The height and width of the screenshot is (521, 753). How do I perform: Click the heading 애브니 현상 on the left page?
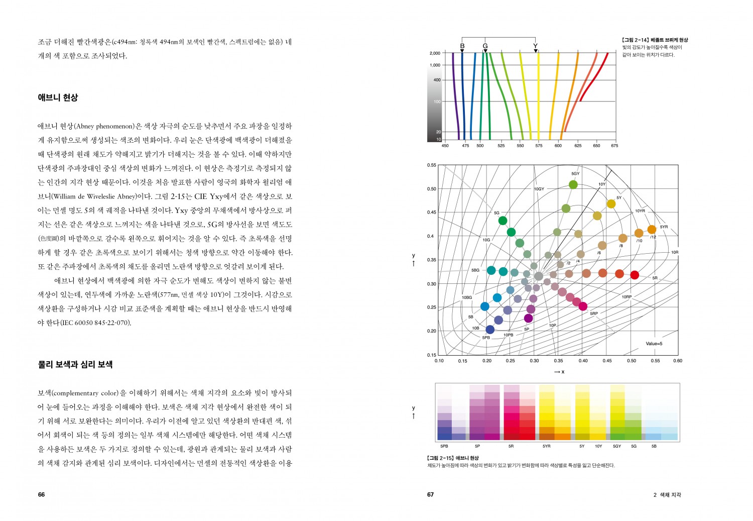(x=58, y=97)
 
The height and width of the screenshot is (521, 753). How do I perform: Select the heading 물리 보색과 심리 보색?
(x=75, y=364)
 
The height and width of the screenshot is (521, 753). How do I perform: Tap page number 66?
(x=41, y=494)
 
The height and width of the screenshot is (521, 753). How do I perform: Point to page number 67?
(x=430, y=494)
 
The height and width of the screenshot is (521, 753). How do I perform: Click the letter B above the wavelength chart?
(x=462, y=46)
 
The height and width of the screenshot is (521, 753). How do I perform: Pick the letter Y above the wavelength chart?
(x=536, y=46)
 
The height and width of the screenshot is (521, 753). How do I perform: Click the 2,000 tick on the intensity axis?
(x=435, y=53)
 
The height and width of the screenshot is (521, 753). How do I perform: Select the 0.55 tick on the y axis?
(x=432, y=165)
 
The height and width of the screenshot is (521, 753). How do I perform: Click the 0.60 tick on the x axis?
(x=678, y=361)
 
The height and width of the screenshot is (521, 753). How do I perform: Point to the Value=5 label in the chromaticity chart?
(x=654, y=344)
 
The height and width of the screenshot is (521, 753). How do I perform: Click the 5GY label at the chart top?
(x=575, y=174)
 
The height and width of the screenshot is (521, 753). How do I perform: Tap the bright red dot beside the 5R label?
(x=635, y=275)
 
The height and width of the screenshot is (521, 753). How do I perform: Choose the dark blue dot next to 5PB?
(x=490, y=330)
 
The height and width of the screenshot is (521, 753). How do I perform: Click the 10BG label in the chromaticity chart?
(x=467, y=297)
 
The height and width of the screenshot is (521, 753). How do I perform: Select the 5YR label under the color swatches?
(x=546, y=446)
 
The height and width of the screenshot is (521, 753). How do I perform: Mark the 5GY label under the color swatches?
(x=617, y=446)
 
